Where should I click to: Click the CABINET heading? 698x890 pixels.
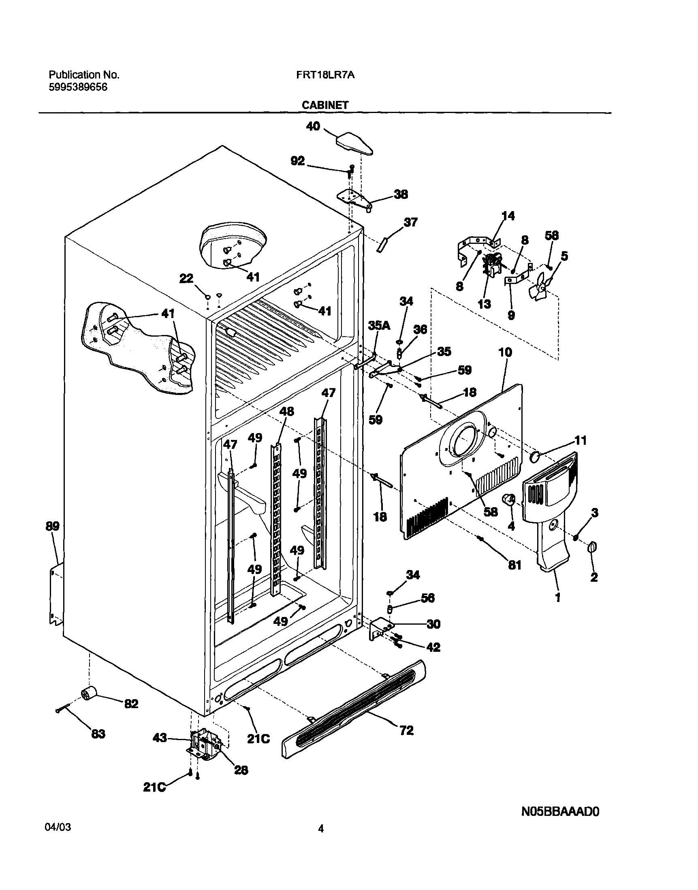click(325, 105)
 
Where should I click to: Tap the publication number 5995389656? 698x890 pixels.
click(78, 87)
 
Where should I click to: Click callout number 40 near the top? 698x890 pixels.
click(313, 126)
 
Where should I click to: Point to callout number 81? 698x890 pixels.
click(514, 565)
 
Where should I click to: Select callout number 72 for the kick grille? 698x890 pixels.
click(407, 730)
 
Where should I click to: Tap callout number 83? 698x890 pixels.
click(98, 734)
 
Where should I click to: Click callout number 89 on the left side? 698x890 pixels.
click(52, 526)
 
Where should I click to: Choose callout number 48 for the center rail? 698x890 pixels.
click(286, 411)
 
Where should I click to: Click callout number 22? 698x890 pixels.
click(186, 279)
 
